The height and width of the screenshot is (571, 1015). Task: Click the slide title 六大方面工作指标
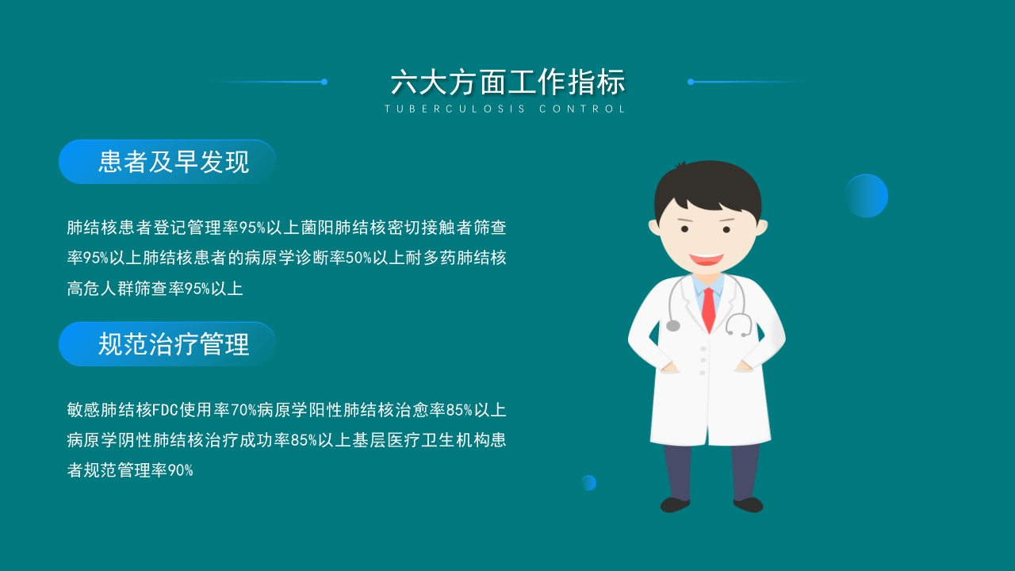point(507,82)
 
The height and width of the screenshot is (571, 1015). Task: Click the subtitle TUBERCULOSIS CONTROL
point(506,109)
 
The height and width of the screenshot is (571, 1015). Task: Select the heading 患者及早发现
point(174,162)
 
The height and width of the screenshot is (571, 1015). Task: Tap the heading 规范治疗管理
point(174,344)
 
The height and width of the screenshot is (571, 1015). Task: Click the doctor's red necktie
point(708,308)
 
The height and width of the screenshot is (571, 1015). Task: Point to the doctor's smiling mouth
point(706,259)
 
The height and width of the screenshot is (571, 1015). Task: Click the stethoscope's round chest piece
point(673,325)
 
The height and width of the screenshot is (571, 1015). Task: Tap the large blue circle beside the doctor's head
point(866,196)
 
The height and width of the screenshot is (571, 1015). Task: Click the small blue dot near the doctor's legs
point(588,482)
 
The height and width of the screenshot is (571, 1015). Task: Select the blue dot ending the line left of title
point(324,82)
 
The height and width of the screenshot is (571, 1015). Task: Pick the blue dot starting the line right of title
point(691,82)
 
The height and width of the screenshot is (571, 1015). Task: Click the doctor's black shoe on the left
point(675,504)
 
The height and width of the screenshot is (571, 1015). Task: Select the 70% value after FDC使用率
point(243,410)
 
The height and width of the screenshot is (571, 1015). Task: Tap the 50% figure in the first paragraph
point(358,258)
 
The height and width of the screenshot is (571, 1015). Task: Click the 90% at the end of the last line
point(180,470)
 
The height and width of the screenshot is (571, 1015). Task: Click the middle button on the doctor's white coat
point(703,360)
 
